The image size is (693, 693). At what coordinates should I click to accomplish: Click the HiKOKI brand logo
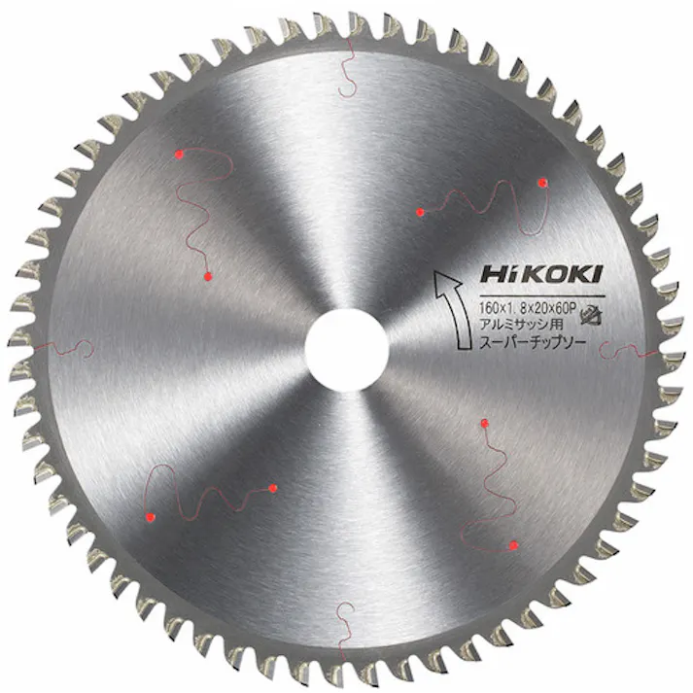pyautogui.click(x=541, y=274)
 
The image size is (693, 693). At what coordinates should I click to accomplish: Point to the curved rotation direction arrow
pyautogui.click(x=454, y=309)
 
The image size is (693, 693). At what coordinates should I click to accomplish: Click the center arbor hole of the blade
pyautogui.click(x=346, y=350)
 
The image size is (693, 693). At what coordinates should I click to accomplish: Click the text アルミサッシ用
pyautogui.click(x=522, y=325)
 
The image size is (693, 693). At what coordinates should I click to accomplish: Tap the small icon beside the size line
pyautogui.click(x=591, y=314)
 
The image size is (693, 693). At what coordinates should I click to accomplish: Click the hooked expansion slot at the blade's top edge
pyautogui.click(x=348, y=66)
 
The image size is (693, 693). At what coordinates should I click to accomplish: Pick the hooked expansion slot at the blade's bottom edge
pyautogui.click(x=345, y=631)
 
